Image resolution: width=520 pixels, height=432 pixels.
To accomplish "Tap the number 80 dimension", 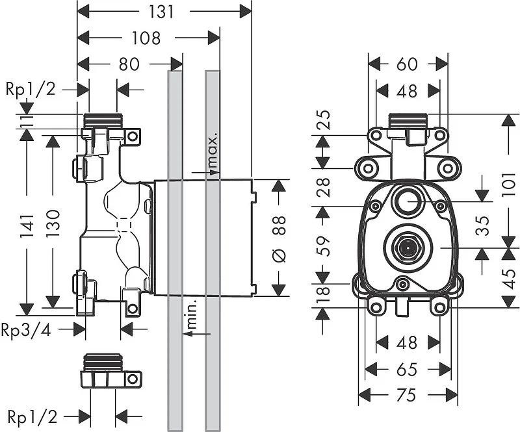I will [x=130, y=64].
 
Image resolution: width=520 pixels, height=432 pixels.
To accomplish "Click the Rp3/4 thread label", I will [x=25, y=329].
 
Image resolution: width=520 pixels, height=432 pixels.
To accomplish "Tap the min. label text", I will [x=192, y=316].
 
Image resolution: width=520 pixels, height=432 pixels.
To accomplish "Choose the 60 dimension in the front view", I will [x=408, y=64].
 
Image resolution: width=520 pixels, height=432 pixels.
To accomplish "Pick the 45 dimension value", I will [x=509, y=278].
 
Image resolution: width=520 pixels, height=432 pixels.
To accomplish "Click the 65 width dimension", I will [x=408, y=368].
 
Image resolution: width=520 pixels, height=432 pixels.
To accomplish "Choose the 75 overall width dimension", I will [x=408, y=394].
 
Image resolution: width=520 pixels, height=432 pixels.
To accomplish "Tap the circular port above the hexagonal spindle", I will [x=408, y=201].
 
